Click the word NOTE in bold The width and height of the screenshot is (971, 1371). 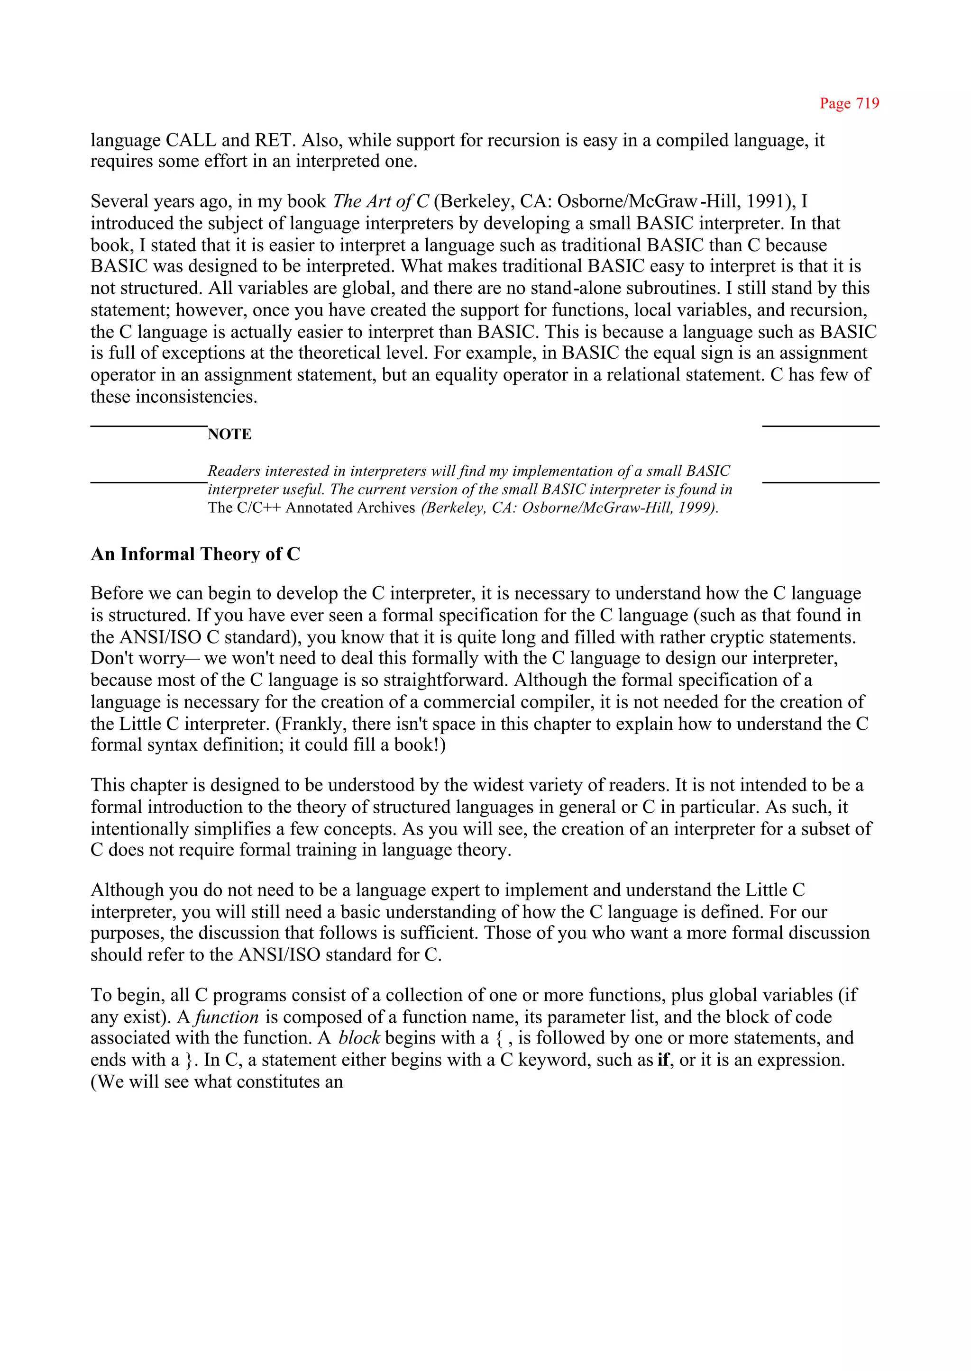pos(229,435)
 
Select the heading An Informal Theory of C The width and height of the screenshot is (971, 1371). pos(195,554)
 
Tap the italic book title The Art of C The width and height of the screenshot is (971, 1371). pos(380,201)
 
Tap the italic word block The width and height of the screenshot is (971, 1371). pos(359,1038)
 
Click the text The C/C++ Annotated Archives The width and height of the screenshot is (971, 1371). pos(311,508)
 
